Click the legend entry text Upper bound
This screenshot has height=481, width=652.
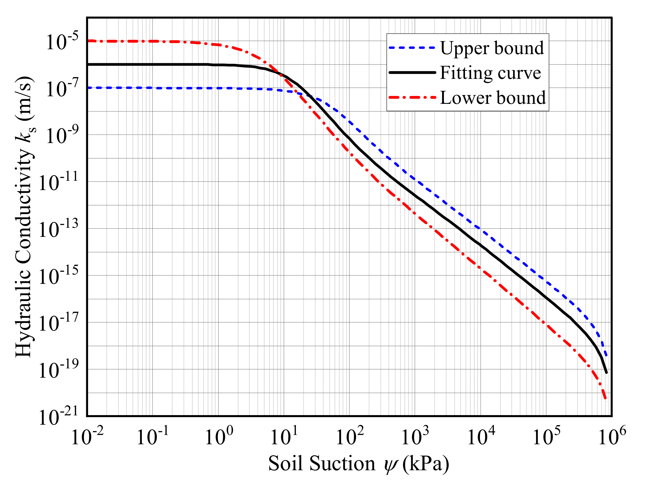click(492, 48)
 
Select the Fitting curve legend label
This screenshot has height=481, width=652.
click(490, 73)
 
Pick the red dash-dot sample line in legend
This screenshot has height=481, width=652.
click(412, 97)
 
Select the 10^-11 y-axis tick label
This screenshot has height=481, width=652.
click(58, 182)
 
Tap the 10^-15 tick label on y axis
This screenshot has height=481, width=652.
click(58, 276)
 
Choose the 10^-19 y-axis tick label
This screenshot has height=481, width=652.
click(58, 370)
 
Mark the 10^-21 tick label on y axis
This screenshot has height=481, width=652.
click(58, 417)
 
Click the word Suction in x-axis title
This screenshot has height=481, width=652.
click(342, 464)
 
